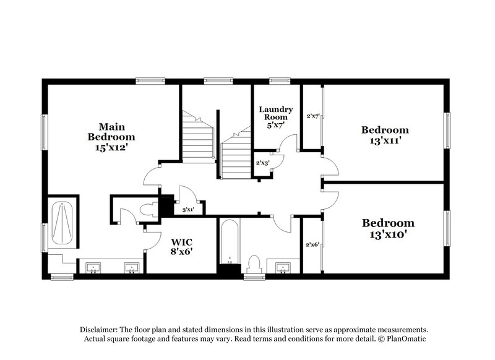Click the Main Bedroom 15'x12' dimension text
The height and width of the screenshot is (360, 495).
click(111, 148)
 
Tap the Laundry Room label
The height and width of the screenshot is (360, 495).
click(275, 113)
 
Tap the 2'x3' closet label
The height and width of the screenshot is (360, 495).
click(262, 163)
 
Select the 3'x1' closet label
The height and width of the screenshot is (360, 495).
click(188, 210)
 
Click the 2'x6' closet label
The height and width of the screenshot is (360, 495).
click(312, 244)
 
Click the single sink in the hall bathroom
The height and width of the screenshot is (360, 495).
click(283, 267)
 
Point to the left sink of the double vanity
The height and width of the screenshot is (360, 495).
click(93, 267)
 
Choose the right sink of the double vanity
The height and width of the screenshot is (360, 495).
click(131, 267)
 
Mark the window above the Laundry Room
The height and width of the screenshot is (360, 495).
click(280, 79)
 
